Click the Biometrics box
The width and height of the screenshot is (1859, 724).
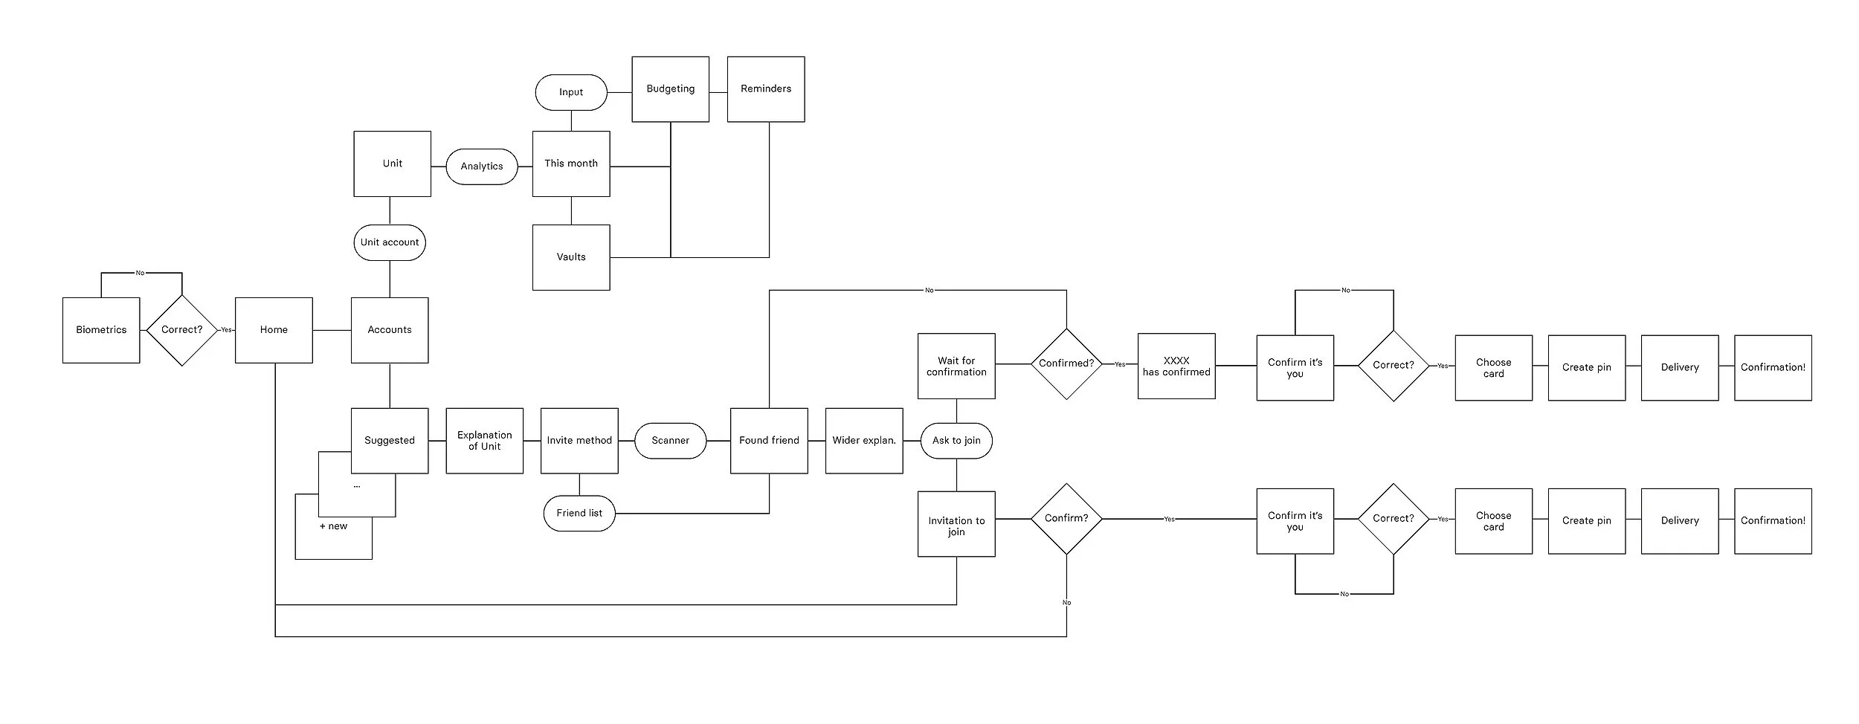coord(101,330)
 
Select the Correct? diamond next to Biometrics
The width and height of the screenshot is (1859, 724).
coord(181,330)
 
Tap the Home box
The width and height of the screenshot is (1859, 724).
coord(274,330)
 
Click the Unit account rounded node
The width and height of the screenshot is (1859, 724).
coord(390,242)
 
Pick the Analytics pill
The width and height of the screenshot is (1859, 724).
coord(482,167)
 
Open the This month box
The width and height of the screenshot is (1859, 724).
coord(571,164)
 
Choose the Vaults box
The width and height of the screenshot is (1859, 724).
coord(571,257)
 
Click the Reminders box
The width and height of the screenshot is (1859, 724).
coord(766,88)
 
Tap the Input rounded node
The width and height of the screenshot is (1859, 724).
coord(571,92)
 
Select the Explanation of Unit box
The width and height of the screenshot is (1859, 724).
coord(485,441)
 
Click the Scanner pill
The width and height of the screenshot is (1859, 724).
coord(670,441)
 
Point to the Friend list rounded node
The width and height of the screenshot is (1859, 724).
coord(579,513)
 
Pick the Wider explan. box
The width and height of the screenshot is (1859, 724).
coord(864,441)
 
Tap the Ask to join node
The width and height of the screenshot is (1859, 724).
coord(956,441)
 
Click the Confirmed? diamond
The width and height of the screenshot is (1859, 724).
coord(1066,363)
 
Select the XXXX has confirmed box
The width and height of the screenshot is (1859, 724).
coord(1176,366)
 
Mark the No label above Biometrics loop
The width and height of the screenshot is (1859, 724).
coord(140,273)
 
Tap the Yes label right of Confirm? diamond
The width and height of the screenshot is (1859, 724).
coord(1169,519)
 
